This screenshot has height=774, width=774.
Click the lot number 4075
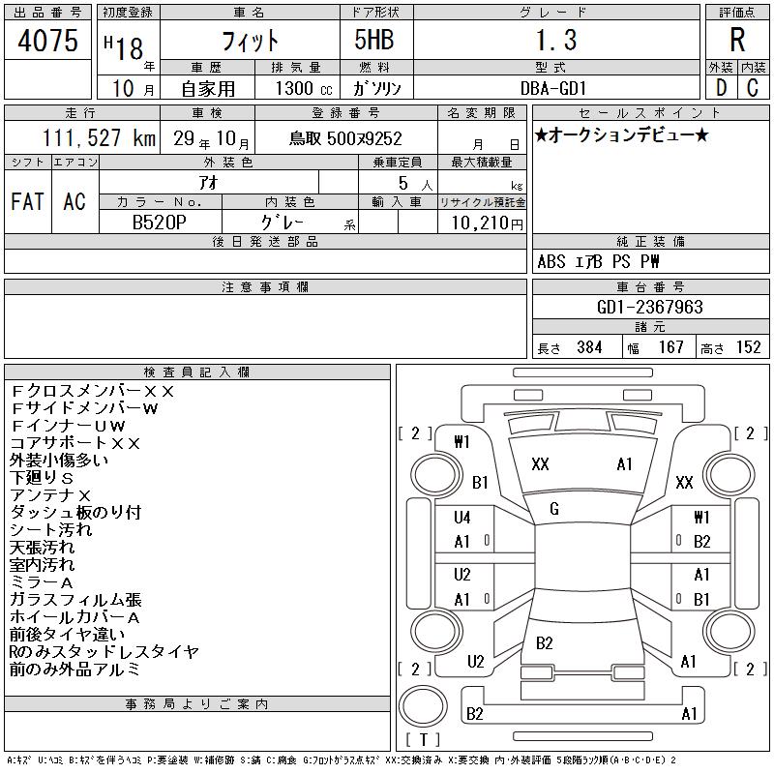click(x=47, y=41)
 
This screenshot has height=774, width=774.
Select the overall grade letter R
click(x=737, y=40)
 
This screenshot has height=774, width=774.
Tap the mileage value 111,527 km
click(x=99, y=137)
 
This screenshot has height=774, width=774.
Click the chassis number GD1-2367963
click(x=649, y=307)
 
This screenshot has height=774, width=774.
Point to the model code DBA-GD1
click(x=553, y=88)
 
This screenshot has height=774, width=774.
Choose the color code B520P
click(x=160, y=223)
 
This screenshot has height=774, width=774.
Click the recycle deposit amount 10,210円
click(x=488, y=223)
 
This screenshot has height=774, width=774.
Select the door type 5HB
click(x=374, y=40)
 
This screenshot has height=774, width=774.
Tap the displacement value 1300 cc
click(x=304, y=88)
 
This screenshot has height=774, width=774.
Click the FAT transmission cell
click(x=28, y=201)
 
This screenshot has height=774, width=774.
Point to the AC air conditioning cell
click(x=74, y=201)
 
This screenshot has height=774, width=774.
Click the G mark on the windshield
click(x=554, y=509)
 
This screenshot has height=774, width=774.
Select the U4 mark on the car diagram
click(x=462, y=518)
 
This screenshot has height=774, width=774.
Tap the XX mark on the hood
click(x=540, y=464)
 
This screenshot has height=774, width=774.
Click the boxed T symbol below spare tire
click(x=423, y=739)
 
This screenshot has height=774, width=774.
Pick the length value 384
click(x=589, y=347)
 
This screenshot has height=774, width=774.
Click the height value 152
click(x=748, y=347)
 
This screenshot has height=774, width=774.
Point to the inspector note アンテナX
click(x=50, y=495)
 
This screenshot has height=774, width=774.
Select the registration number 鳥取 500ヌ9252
click(x=345, y=138)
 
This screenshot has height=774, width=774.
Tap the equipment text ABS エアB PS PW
click(x=598, y=261)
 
